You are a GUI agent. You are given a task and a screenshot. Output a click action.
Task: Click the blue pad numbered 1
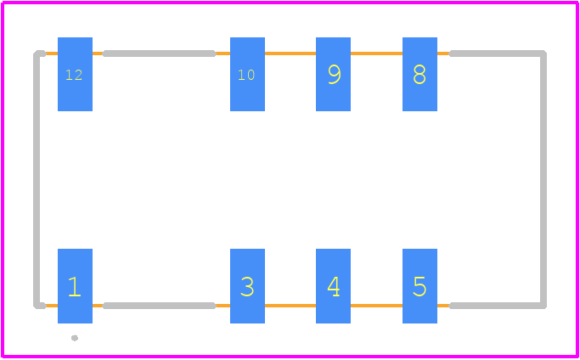(75, 286)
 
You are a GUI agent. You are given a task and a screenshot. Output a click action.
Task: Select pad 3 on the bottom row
(247, 286)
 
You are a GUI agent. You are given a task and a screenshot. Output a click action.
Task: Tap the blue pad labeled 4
(333, 286)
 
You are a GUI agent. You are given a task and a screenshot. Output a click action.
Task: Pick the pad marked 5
(420, 286)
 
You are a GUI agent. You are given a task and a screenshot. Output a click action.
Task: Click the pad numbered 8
(420, 74)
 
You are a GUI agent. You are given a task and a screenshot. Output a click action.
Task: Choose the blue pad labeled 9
(333, 74)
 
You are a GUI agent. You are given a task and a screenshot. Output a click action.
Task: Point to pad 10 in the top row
(247, 74)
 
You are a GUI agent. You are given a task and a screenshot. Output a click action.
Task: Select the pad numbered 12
(75, 74)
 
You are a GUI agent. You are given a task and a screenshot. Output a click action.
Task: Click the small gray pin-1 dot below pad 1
(75, 338)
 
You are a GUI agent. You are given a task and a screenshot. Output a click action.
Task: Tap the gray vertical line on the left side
(37, 179)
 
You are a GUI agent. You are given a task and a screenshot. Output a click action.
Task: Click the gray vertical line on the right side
(543, 179)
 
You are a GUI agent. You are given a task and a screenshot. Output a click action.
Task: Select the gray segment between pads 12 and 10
(159, 53)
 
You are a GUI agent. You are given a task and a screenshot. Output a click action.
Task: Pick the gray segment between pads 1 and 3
(159, 306)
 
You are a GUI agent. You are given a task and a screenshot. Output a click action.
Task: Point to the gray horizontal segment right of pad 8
(498, 53)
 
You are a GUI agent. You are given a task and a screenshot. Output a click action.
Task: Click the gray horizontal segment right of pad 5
(498, 306)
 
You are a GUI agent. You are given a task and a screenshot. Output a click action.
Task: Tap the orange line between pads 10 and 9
(290, 53)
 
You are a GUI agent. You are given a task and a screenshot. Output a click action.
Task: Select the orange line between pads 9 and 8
(376, 53)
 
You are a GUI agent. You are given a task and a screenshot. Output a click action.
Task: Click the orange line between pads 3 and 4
(290, 306)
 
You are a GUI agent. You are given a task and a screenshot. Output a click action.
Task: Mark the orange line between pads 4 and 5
(376, 306)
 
